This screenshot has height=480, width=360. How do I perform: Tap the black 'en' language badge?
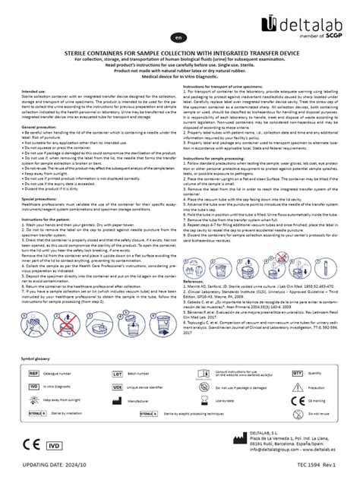pyautogui.click(x=179, y=36)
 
